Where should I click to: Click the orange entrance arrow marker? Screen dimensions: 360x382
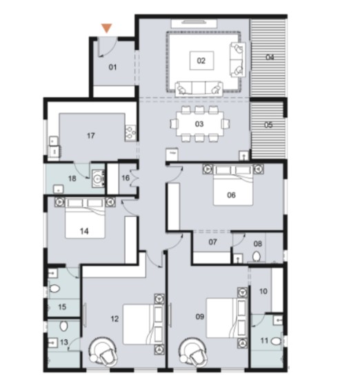[106, 28]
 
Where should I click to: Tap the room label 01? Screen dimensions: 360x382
[112, 67]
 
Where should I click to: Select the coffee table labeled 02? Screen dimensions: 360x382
[202, 61]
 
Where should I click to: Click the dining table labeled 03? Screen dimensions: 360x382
[200, 124]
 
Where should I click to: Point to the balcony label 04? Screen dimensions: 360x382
[270, 57]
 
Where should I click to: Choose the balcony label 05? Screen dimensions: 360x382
[268, 125]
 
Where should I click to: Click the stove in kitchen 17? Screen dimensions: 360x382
[130, 133]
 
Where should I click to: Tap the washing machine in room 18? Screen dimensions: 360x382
[99, 179]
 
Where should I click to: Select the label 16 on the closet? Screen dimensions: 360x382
[126, 178]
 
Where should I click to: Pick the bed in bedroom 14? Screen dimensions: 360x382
[85, 219]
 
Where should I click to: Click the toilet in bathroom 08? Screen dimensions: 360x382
[256, 257]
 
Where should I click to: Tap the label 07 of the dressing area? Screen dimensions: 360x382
[213, 242]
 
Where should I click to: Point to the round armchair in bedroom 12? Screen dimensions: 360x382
[103, 350]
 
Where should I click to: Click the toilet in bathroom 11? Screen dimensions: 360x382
[276, 341]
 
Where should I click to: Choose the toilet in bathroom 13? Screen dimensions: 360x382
[64, 326]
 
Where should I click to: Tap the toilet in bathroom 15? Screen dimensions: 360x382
[54, 289]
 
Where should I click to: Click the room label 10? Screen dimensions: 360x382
[263, 291]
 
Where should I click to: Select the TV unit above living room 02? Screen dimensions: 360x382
[194, 23]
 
